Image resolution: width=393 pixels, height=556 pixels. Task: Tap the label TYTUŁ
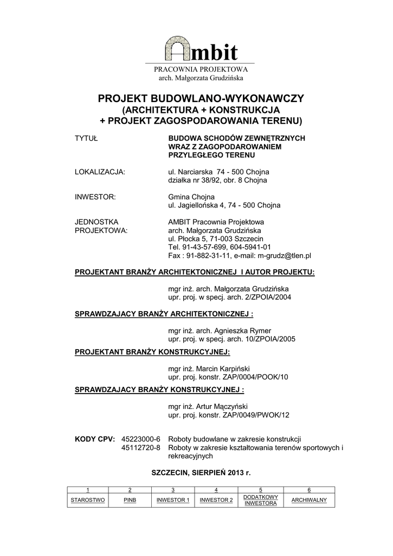click(x=86, y=138)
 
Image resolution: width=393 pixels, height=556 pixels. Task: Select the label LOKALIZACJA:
click(x=100, y=172)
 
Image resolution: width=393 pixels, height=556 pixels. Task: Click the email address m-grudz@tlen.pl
click(x=284, y=255)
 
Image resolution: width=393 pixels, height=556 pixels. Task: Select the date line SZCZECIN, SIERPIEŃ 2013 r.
click(x=201, y=473)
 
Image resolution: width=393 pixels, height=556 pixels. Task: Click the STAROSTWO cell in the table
click(x=87, y=500)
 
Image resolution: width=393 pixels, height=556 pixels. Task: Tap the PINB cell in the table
click(x=130, y=500)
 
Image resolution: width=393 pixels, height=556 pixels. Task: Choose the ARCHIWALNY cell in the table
click(x=309, y=500)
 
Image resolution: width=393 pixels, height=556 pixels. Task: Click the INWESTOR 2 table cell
click(x=216, y=500)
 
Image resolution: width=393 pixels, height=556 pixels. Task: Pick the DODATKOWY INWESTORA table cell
click(x=261, y=500)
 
